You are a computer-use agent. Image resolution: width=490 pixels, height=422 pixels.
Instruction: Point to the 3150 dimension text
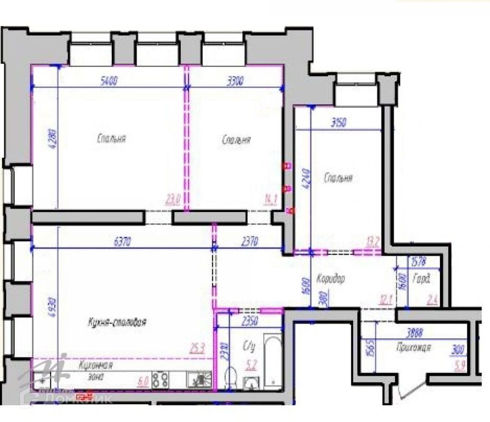click(338, 123)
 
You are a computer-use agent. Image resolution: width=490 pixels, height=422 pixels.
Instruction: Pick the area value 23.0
click(173, 199)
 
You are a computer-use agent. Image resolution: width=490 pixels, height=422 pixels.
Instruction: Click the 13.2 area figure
click(373, 242)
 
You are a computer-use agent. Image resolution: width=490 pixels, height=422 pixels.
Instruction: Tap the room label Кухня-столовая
click(117, 322)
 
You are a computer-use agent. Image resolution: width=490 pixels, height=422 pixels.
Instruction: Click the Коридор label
click(331, 279)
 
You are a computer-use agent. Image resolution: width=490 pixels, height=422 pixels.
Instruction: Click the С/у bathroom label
click(248, 348)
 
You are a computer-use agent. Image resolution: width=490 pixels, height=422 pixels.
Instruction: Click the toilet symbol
click(231, 378)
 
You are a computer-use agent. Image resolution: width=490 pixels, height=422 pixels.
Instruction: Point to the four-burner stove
click(160, 379)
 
